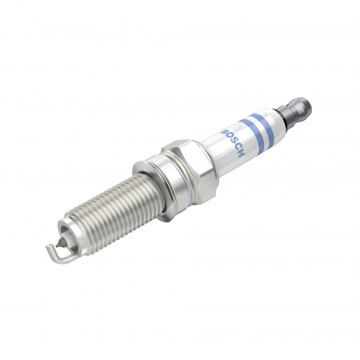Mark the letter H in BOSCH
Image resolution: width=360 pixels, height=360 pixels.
pyautogui.click(x=239, y=152)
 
